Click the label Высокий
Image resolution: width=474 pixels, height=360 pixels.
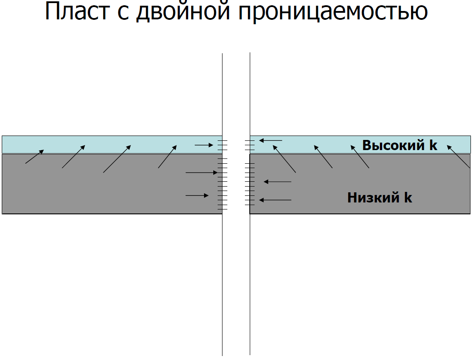pyautogui.click(x=394, y=145)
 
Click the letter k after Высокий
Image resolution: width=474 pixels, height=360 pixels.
pyautogui.click(x=434, y=145)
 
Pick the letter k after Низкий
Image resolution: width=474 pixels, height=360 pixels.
pyautogui.click(x=408, y=198)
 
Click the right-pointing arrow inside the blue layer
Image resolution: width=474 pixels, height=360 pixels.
pyautogui.click(x=204, y=145)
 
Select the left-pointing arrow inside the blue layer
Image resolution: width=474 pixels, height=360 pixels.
pyautogui.click(x=270, y=140)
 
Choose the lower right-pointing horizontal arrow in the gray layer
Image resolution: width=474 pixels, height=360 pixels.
pyautogui.click(x=197, y=195)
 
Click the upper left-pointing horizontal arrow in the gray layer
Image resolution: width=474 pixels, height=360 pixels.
pyautogui.click(x=277, y=181)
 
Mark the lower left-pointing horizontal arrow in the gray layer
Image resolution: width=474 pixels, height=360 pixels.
pyautogui.click(x=275, y=200)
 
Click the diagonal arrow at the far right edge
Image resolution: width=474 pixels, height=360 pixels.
pyautogui.click(x=459, y=157)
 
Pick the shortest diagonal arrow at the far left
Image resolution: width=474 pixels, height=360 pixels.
pyautogui.click(x=34, y=157)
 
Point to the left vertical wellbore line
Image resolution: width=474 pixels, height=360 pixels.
pyautogui.click(x=222, y=264)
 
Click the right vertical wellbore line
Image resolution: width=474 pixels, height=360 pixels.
pyautogui.click(x=250, y=264)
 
